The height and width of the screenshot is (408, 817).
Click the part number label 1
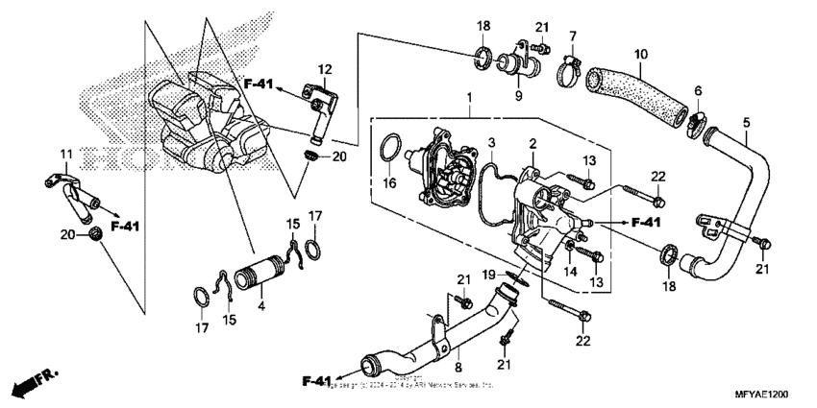pos(468,99)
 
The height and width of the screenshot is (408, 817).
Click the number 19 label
pos(489,275)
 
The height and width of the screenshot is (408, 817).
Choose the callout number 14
pos(571,272)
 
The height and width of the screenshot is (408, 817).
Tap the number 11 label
pos(66,155)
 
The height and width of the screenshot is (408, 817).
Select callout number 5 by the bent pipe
pos(745,122)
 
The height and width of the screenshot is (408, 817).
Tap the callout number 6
pos(698,90)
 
